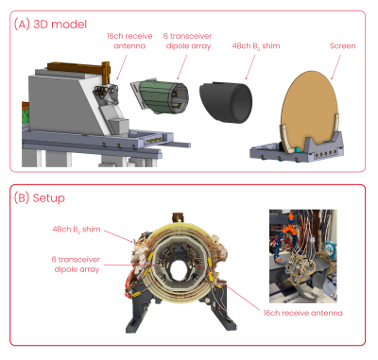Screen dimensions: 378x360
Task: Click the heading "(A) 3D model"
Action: tap(50, 25)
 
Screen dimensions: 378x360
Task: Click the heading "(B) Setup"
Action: tap(40, 198)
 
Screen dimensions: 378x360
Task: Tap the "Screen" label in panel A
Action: tap(343, 45)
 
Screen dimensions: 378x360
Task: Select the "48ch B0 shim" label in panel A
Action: tap(256, 46)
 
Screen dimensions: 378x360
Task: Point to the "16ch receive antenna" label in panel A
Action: tap(129, 41)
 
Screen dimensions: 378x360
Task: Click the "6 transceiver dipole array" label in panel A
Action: tap(188, 41)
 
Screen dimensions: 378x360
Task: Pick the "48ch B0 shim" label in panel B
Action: tap(77, 230)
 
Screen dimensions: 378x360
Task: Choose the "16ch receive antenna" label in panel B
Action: tap(302, 313)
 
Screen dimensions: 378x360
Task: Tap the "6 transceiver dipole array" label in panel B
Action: tap(76, 265)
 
